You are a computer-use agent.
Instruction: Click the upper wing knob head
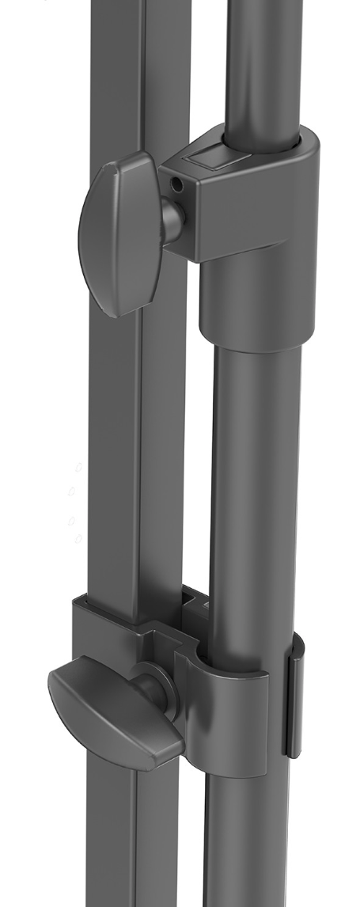pyautogui.click(x=115, y=233)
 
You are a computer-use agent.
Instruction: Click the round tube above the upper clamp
pyautogui.click(x=265, y=63)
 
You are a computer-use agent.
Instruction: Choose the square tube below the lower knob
pyautogui.click(x=119, y=839)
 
